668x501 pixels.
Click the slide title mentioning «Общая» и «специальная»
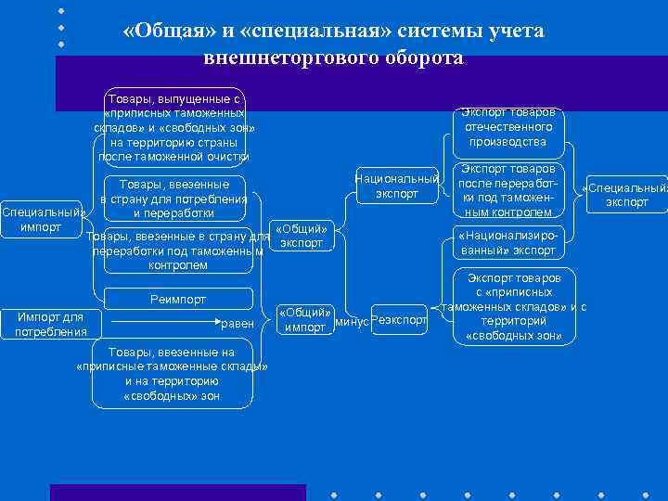pos(333,44)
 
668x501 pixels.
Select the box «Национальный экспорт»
pos(397,186)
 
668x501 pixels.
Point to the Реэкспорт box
pos(399,320)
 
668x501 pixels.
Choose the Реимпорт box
pos(178,300)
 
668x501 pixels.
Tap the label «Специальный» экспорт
pos(626,196)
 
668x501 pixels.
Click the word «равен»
pos(237,323)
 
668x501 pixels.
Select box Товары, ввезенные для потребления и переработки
pos(173,198)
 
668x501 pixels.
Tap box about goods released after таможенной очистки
pos(173,127)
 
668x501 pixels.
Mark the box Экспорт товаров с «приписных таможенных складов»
pos(513,307)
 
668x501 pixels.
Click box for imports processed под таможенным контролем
pos(177,250)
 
